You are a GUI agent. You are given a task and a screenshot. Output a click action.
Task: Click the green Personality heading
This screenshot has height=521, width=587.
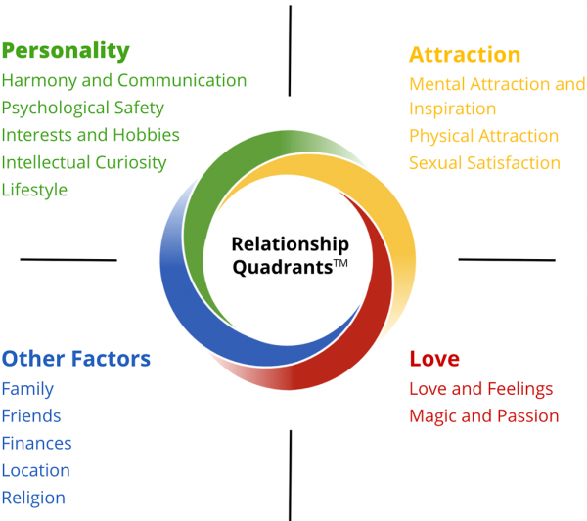pyautogui.click(x=66, y=51)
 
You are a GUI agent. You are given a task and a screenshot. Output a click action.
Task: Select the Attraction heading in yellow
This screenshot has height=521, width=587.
pyautogui.click(x=465, y=55)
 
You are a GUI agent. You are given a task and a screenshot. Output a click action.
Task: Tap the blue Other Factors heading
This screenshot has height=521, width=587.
pyautogui.click(x=76, y=359)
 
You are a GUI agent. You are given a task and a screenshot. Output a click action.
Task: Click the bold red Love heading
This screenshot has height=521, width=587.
pyautogui.click(x=434, y=359)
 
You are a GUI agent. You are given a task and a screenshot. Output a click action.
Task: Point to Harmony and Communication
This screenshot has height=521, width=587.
pyautogui.click(x=124, y=81)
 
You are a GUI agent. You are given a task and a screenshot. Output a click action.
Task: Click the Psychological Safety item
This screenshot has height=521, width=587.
pyautogui.click(x=83, y=109)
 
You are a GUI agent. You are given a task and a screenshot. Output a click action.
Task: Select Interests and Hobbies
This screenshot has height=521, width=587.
pyautogui.click(x=91, y=135)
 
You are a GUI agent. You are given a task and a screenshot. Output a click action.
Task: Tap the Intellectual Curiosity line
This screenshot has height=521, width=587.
pyautogui.click(x=84, y=163)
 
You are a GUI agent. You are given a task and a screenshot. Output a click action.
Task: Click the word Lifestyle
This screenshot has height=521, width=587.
pyautogui.click(x=34, y=190)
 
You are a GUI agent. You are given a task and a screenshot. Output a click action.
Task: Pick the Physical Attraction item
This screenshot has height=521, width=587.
pyautogui.click(x=483, y=136)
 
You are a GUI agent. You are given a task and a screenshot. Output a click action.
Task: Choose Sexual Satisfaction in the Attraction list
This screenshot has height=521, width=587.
pyautogui.click(x=484, y=163)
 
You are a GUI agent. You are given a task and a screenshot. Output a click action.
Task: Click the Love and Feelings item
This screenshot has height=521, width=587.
pyautogui.click(x=481, y=389)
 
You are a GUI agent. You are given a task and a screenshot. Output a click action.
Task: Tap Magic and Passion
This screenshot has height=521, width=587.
pyautogui.click(x=484, y=416)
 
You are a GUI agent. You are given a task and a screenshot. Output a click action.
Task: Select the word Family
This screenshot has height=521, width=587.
pyautogui.click(x=27, y=389)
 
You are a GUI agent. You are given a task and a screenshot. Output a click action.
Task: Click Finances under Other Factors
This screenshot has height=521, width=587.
pyautogui.click(x=37, y=443)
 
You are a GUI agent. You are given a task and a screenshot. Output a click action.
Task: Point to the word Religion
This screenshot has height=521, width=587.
pyautogui.click(x=33, y=499)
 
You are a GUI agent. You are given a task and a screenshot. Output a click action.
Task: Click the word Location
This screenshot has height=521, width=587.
pyautogui.click(x=36, y=470)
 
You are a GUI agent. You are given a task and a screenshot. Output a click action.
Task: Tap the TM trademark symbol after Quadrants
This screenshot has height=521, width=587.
pyautogui.click(x=340, y=263)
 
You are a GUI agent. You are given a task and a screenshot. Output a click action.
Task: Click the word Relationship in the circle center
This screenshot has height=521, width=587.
pyautogui.click(x=291, y=245)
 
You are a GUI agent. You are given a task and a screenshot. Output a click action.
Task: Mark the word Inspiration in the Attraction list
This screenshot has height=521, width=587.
pyautogui.click(x=453, y=109)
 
